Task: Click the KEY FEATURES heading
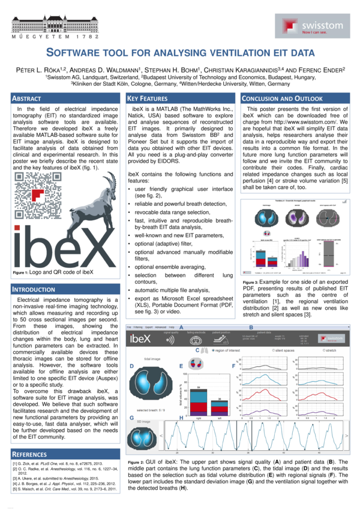[x=148, y=98]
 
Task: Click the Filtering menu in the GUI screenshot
[x=139, y=327]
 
